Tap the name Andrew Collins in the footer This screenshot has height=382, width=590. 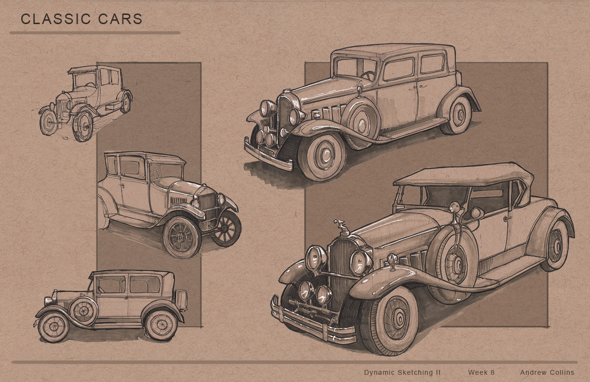click(x=547, y=372)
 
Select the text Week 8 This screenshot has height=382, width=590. click(x=481, y=372)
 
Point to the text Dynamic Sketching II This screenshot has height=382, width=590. click(x=402, y=372)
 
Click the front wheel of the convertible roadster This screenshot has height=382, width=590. click(x=389, y=320)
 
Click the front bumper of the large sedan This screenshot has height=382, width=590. click(x=268, y=155)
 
